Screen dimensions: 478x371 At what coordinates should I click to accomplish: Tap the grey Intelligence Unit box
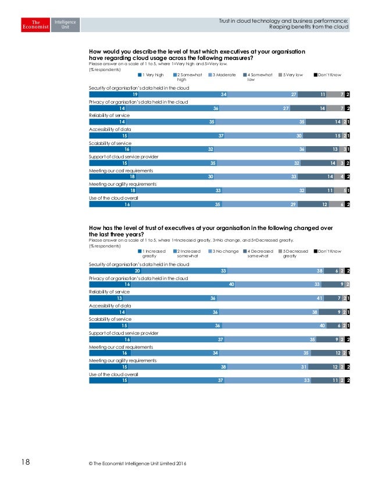65,25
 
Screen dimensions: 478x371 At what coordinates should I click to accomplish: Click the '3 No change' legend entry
224,250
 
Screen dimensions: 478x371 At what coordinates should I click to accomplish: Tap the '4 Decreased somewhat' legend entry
259,253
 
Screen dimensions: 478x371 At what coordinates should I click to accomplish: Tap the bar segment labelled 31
284,367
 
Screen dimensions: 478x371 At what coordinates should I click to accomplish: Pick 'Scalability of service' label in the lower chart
110,319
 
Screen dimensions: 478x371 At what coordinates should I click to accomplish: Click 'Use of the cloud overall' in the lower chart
113,374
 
